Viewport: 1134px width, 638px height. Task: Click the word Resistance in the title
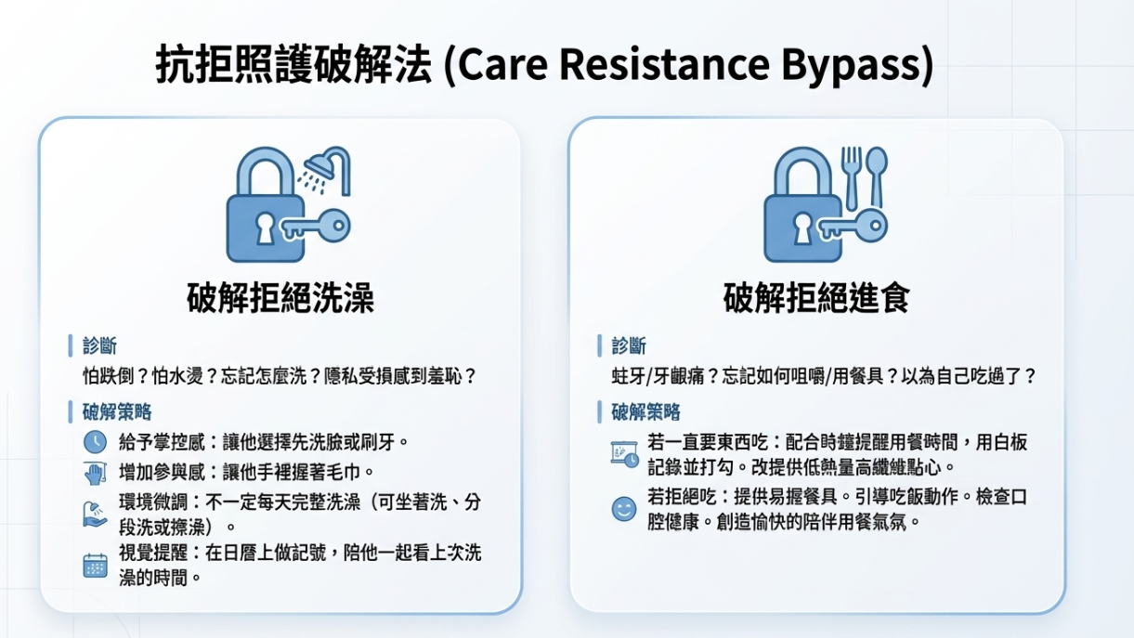666,66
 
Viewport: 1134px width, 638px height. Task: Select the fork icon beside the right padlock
851,176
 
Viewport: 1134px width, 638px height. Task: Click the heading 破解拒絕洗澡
280,298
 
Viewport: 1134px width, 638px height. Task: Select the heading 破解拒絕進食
816,298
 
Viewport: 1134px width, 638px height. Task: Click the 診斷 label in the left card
101,347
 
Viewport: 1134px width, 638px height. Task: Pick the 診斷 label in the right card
629,347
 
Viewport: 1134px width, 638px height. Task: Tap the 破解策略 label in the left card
117,411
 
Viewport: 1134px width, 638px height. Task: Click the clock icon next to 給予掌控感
95,441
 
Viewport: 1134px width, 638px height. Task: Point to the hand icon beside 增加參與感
95,473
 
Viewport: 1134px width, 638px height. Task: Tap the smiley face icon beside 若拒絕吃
623,509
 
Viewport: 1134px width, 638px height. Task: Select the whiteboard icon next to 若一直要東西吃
623,454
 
